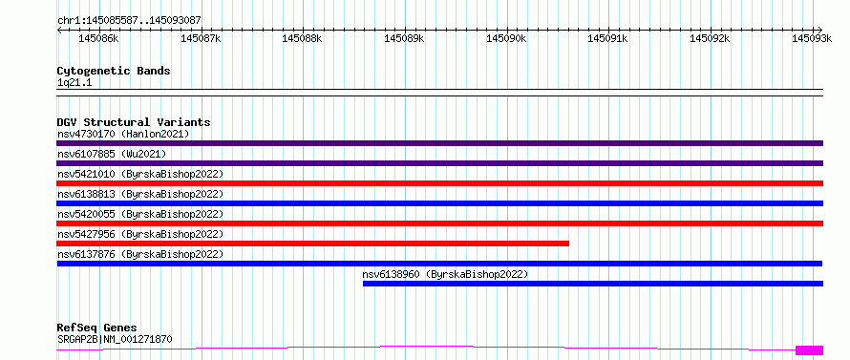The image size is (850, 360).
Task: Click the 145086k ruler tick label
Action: [x=99, y=38]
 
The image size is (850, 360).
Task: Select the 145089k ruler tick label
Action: [x=404, y=38]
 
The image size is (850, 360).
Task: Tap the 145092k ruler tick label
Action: [x=710, y=38]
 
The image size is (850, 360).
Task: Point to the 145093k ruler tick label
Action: [x=812, y=38]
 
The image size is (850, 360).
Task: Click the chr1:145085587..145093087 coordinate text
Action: [x=129, y=21]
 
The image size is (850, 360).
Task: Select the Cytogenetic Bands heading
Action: [x=114, y=71]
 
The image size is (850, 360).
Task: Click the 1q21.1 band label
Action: [x=71, y=83]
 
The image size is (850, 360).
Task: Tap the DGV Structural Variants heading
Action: [x=134, y=122]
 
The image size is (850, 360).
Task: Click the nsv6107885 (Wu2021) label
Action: [x=111, y=154]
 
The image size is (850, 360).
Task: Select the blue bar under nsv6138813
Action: [x=439, y=203]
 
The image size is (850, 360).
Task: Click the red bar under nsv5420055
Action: [x=439, y=223]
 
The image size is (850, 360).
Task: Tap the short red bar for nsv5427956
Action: [x=313, y=244]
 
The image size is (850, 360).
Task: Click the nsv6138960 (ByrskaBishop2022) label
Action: [x=445, y=274]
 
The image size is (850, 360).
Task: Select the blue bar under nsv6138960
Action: [x=592, y=284]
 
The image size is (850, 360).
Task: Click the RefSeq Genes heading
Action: [x=96, y=328]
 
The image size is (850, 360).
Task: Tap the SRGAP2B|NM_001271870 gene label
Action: [x=115, y=340]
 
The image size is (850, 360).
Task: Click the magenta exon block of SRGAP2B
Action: [x=809, y=350]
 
